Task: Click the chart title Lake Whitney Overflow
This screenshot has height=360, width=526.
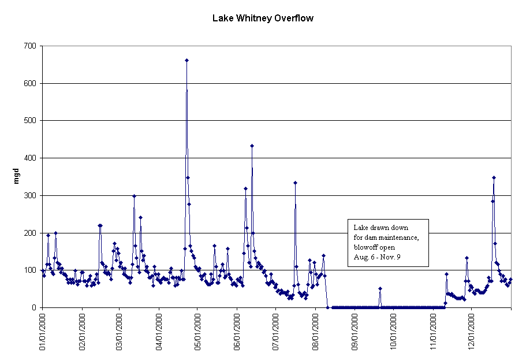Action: tap(263, 18)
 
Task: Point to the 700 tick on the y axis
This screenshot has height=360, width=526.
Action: tap(29, 46)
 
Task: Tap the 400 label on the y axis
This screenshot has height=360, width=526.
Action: tap(29, 158)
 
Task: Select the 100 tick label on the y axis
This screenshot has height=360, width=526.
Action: tap(29, 270)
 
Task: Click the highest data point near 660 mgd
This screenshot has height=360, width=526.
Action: tap(186, 60)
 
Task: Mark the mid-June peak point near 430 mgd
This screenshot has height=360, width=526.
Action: tap(252, 146)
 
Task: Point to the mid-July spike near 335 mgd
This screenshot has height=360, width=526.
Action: tap(295, 183)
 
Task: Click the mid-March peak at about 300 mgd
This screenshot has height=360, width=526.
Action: tap(134, 196)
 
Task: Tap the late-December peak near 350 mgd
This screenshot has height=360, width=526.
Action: tap(494, 177)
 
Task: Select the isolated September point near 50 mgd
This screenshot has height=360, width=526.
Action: tap(380, 288)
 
